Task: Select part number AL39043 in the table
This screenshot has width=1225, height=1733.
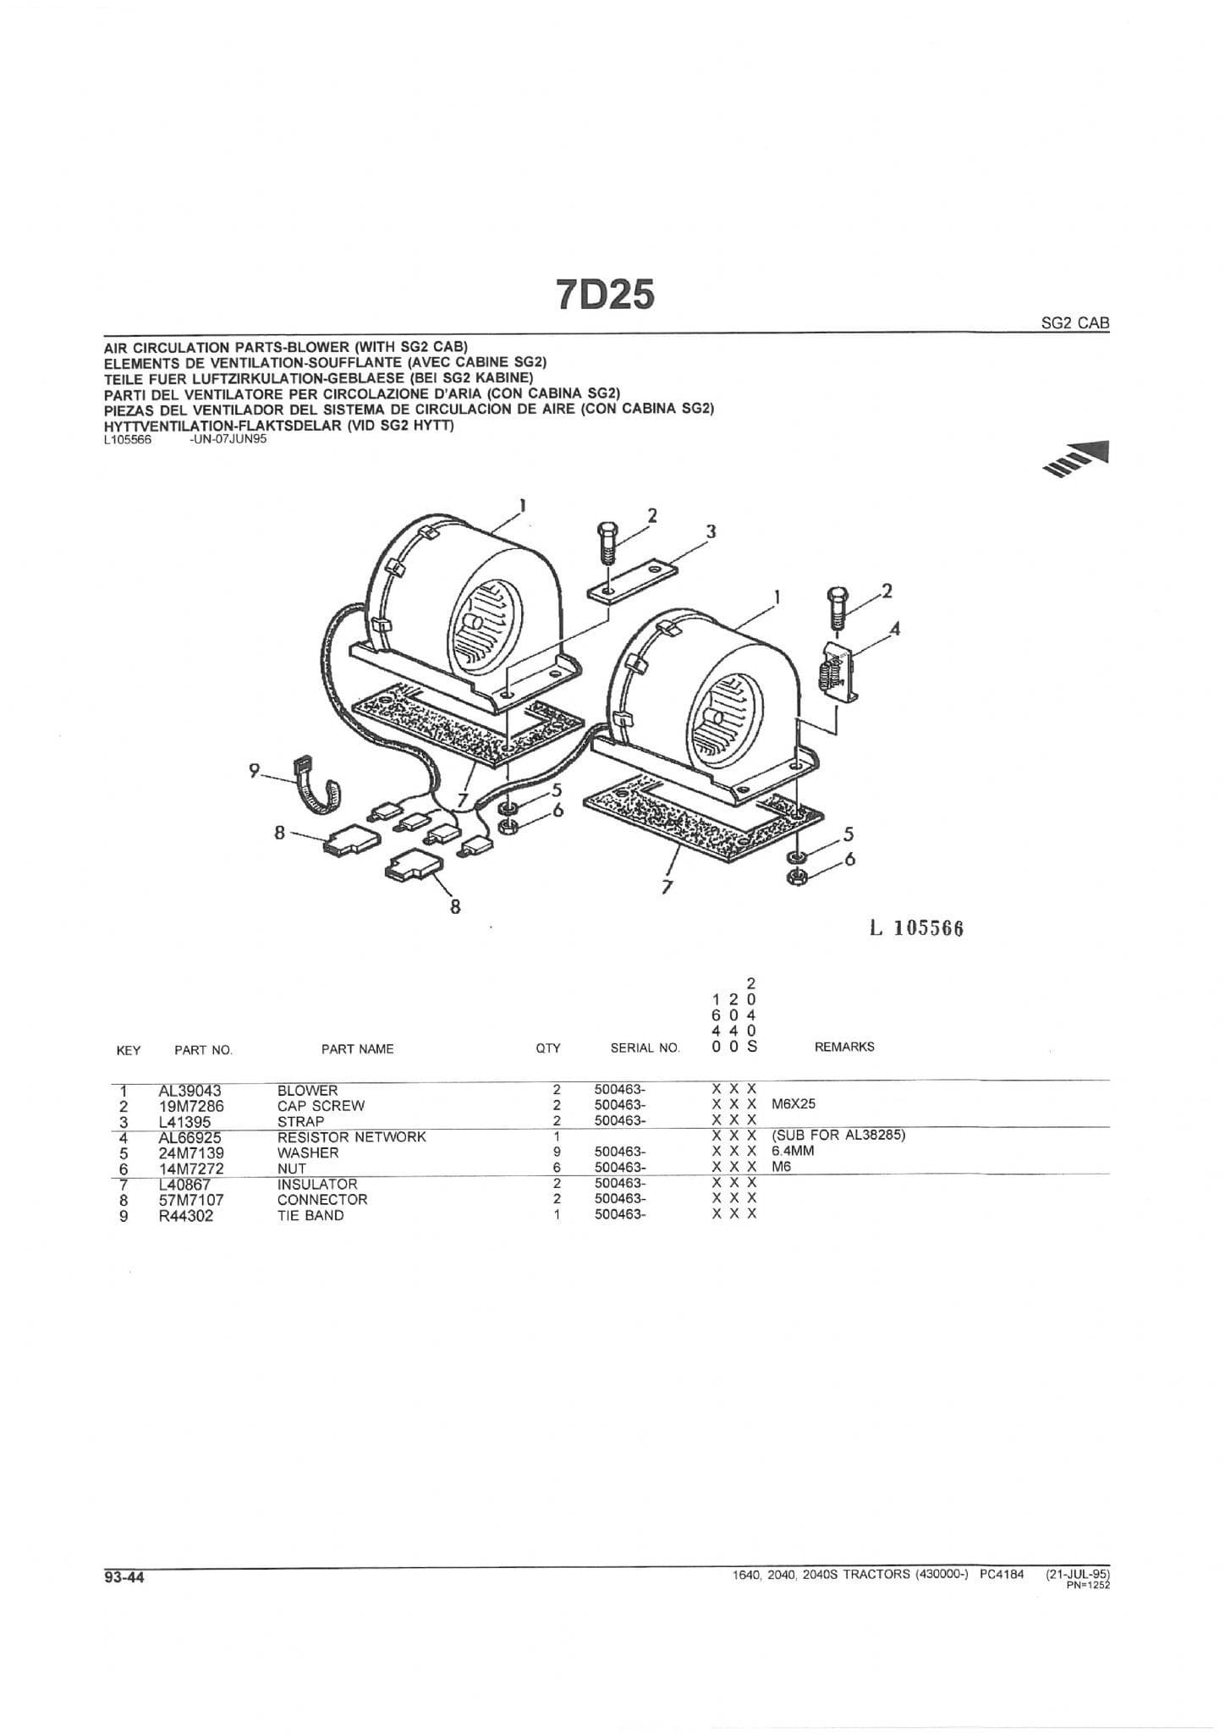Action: click(x=190, y=1092)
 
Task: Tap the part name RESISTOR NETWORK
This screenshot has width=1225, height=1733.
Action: click(x=352, y=1136)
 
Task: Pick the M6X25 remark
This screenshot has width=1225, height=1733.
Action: click(x=794, y=1105)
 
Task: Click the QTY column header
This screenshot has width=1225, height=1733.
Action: click(x=548, y=1048)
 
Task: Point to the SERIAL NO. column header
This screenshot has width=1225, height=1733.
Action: click(x=645, y=1048)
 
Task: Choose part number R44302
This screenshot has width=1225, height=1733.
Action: click(x=186, y=1216)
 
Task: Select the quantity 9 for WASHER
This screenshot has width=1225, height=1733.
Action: click(x=557, y=1153)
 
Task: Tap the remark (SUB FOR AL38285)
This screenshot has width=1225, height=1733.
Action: click(x=838, y=1135)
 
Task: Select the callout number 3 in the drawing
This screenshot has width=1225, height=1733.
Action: click(x=711, y=531)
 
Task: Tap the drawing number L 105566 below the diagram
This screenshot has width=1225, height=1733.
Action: click(x=917, y=928)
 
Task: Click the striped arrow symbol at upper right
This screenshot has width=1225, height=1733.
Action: click(x=1077, y=460)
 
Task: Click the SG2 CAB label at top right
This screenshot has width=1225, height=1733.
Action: click(x=1075, y=322)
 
